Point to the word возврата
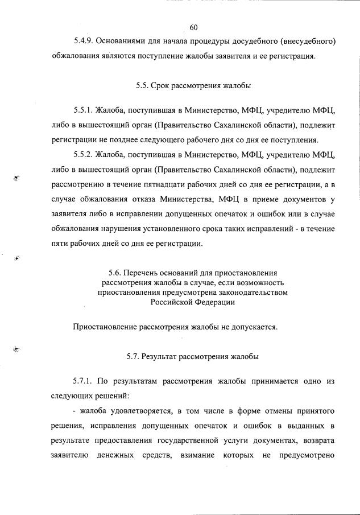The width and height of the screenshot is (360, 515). [x=319, y=440]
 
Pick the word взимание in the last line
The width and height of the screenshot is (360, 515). [x=198, y=455]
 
